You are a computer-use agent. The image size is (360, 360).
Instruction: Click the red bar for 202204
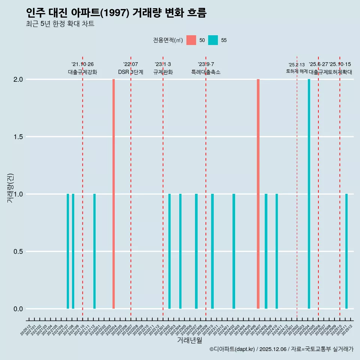tap(114, 194)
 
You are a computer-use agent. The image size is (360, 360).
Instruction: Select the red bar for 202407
tap(258, 194)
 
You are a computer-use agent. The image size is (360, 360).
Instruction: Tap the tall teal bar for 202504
tap(309, 194)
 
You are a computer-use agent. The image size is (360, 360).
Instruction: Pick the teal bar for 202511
tap(346, 251)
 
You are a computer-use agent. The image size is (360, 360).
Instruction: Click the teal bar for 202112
tap(94, 251)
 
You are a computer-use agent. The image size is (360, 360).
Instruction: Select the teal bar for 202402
tap(234, 251)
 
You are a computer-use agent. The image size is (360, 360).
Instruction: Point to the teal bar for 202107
tap(68, 251)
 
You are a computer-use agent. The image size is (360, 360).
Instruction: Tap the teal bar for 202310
tap(212, 251)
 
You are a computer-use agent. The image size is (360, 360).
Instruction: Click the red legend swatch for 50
tap(191, 40)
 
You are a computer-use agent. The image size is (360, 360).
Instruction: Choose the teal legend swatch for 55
tap(213, 40)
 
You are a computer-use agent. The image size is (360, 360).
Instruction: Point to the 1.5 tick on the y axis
tap(18, 137)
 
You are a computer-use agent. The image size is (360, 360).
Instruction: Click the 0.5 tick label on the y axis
tap(18, 252)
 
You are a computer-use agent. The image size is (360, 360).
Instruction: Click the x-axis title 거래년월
tap(189, 340)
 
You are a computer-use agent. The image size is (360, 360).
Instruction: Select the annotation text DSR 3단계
tap(130, 72)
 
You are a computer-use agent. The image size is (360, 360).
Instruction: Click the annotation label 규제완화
tap(163, 72)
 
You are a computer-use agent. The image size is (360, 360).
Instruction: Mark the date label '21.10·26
tap(82, 64)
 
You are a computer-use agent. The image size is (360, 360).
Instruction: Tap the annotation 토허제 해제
tap(297, 71)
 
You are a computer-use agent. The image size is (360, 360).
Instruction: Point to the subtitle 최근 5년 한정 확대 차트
tap(60, 24)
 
